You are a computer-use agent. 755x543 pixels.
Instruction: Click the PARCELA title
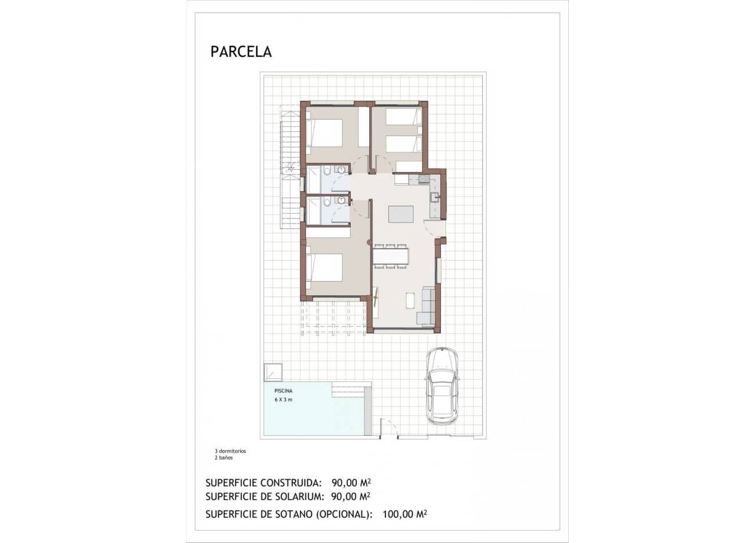click(x=241, y=52)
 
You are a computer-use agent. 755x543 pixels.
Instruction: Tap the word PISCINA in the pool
click(x=284, y=391)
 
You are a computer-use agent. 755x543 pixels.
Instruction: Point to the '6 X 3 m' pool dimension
click(x=283, y=401)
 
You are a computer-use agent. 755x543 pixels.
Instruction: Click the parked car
click(x=441, y=385)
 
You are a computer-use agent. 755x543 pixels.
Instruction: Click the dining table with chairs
click(x=390, y=256)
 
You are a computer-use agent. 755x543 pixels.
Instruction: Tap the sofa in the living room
click(x=425, y=306)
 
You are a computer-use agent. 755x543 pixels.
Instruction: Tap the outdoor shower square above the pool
click(x=273, y=371)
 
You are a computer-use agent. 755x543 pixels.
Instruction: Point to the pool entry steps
click(x=349, y=389)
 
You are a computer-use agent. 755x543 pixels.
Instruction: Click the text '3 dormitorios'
click(x=230, y=451)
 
